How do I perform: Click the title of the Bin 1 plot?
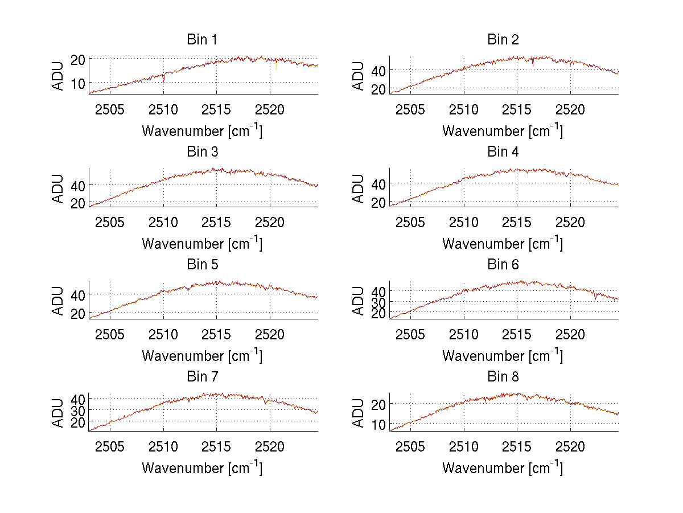pyautogui.click(x=202, y=40)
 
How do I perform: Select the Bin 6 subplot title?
pyautogui.click(x=503, y=265)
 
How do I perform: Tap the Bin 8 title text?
pyautogui.click(x=503, y=377)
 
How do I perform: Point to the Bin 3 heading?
pyautogui.click(x=202, y=152)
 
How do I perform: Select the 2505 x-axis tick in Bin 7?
pyautogui.click(x=110, y=446)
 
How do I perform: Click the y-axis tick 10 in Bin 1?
pyautogui.click(x=79, y=83)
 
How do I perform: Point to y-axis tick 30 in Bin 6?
pyautogui.click(x=379, y=302)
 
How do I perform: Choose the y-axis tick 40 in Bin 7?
pyautogui.click(x=79, y=399)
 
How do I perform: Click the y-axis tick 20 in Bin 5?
pyautogui.click(x=79, y=313)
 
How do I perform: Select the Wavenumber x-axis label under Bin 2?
pyautogui.click(x=503, y=132)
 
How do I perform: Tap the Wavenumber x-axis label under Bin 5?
pyautogui.click(x=202, y=356)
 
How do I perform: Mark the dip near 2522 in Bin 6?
pyautogui.click(x=595, y=296)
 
